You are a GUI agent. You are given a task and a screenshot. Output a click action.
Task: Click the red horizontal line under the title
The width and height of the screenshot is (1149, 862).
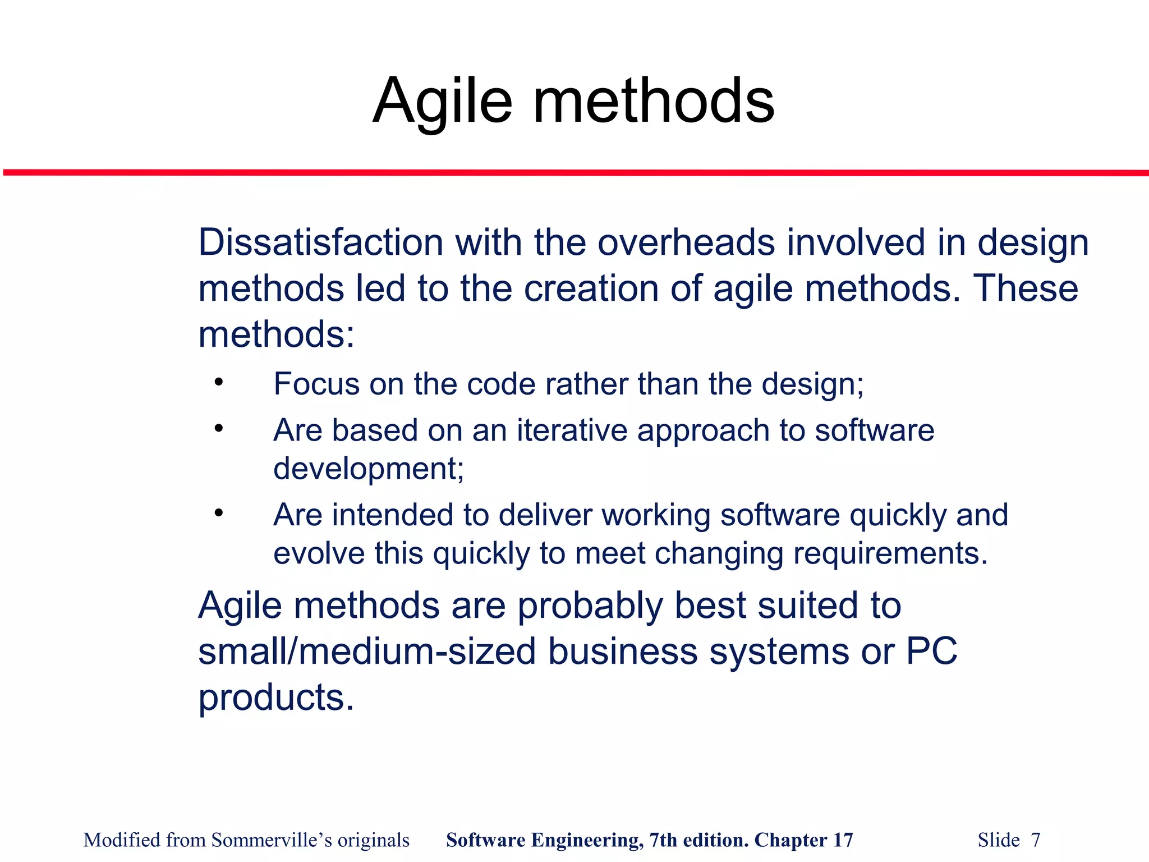(574, 172)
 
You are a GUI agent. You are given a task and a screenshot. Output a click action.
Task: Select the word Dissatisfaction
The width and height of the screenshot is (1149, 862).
(321, 242)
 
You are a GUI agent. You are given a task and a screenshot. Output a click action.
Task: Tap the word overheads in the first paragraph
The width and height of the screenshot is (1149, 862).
(686, 242)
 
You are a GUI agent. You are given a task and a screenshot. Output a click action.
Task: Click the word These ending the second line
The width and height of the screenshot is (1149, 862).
(1025, 288)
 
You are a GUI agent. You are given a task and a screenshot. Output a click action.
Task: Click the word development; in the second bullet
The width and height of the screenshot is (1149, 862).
(369, 469)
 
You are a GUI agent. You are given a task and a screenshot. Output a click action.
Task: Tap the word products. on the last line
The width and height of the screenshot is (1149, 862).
(276, 698)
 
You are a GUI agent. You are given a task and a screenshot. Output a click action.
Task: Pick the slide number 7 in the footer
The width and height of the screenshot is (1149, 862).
(1035, 840)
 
